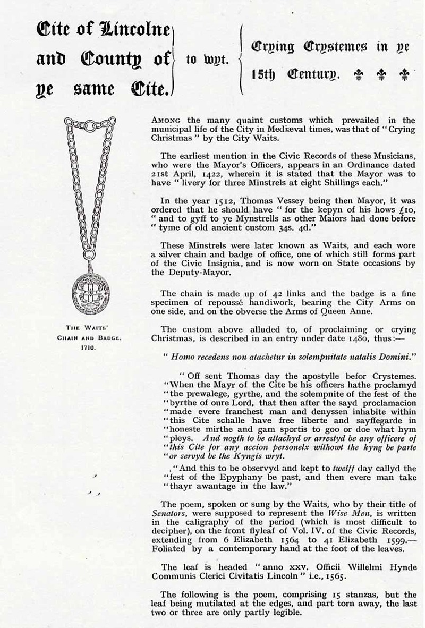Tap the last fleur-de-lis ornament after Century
click(405, 73)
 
